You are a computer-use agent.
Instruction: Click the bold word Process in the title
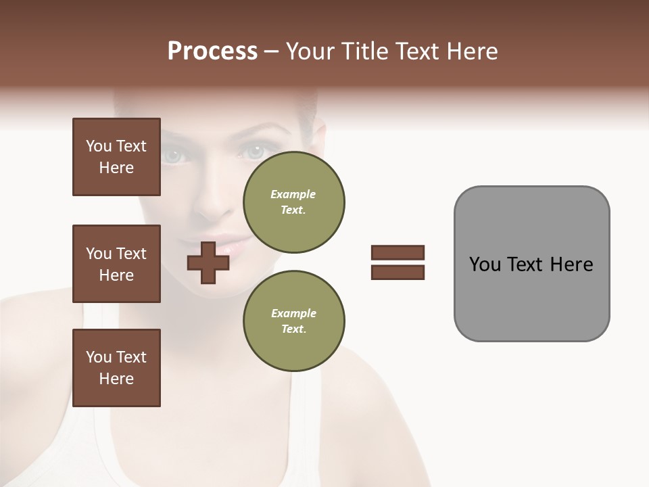point(212,51)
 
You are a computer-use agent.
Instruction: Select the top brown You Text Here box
point(116,157)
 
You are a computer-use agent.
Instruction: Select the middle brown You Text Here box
point(116,264)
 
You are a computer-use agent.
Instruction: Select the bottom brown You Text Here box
point(116,368)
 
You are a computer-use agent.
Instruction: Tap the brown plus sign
point(208,262)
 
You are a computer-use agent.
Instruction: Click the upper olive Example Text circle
point(293,202)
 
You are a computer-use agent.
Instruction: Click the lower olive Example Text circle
point(293,321)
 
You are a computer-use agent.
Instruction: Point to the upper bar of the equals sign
point(398,252)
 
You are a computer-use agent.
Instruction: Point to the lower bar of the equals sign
point(398,272)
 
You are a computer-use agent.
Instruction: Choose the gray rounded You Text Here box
point(531,263)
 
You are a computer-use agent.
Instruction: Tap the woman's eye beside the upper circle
point(255,152)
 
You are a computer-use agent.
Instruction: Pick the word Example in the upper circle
point(293,194)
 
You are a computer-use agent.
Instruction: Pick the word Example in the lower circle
point(293,313)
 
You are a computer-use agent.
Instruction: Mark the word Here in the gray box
point(572,264)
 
